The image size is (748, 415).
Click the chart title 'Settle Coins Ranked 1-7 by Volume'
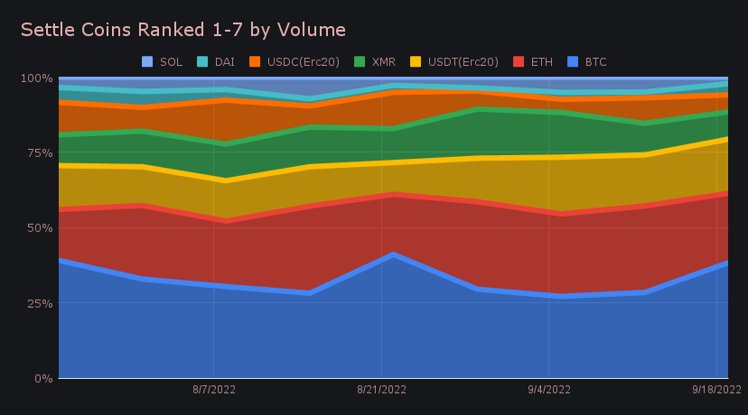(x=182, y=30)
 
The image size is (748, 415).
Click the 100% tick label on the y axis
(x=36, y=78)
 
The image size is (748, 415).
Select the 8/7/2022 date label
(x=213, y=390)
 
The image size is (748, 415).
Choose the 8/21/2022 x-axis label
(x=381, y=390)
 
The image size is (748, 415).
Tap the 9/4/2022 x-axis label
(x=549, y=390)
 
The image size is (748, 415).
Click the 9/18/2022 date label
(x=717, y=390)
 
